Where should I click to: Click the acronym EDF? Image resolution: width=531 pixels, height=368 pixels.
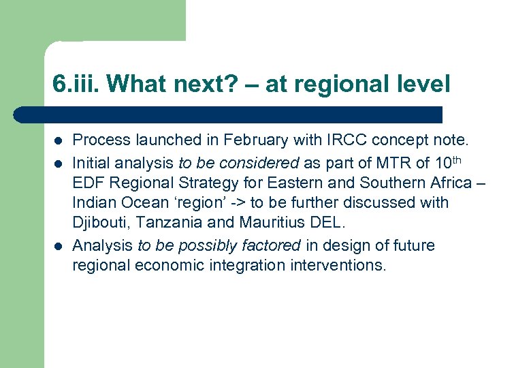point(88,183)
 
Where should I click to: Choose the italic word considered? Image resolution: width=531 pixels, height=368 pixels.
point(259,162)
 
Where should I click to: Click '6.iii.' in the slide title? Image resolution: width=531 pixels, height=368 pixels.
point(76,85)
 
